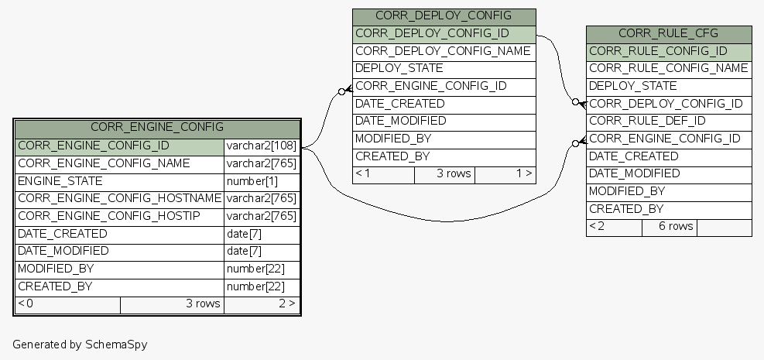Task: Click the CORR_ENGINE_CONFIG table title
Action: [157, 127]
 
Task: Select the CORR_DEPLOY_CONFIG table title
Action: [444, 16]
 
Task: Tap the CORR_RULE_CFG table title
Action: [669, 33]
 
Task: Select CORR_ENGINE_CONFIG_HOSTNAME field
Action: [119, 198]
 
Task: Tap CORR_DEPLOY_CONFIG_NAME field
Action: [443, 51]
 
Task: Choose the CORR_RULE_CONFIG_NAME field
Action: [668, 68]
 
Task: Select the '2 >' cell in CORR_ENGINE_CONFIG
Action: [286, 303]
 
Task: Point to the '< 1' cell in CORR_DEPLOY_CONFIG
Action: [362, 173]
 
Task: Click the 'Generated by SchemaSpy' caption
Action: [80, 344]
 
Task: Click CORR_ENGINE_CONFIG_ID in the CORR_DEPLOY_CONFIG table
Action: [431, 86]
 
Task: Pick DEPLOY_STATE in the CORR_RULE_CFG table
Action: [632, 86]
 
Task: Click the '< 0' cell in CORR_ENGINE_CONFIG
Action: [26, 303]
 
